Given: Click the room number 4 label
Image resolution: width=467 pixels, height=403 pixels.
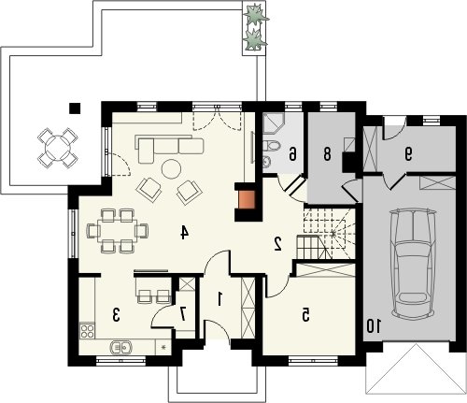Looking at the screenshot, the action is point(185,233).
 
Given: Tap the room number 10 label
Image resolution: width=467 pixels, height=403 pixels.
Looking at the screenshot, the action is point(374,326).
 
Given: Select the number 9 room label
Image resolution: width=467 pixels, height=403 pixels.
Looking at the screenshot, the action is point(408,153).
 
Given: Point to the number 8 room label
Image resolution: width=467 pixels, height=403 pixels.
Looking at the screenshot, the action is point(327,154).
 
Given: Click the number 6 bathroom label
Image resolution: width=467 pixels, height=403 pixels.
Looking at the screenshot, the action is point(292,154).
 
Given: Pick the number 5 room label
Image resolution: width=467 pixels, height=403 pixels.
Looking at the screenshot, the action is point(305,315).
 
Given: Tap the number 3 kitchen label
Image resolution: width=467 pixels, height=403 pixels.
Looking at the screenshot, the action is point(116,315).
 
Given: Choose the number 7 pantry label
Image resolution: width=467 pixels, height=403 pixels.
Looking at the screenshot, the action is point(183,314).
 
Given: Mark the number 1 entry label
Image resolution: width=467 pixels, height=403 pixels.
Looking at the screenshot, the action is point(219,298).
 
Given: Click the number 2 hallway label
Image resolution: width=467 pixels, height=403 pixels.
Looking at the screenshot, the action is point(277,244).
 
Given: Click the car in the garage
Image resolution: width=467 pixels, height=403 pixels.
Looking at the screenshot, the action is point(413,265).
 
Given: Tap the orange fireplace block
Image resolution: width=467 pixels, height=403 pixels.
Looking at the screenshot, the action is point(247,200).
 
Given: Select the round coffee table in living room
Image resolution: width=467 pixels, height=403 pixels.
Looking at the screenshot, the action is point(171,169).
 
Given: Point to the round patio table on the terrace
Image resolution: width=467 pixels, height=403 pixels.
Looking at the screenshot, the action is point(58,147).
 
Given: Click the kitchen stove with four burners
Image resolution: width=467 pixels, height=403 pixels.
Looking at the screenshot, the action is point(87,331).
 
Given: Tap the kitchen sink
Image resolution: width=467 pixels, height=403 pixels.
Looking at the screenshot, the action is point(121,347).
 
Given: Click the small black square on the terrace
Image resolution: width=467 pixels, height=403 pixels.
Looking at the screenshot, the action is point(75,108).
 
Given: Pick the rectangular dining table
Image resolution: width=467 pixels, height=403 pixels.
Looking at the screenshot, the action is point(117,230).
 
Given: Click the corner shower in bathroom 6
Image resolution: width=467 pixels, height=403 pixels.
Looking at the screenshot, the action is point(273,123).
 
